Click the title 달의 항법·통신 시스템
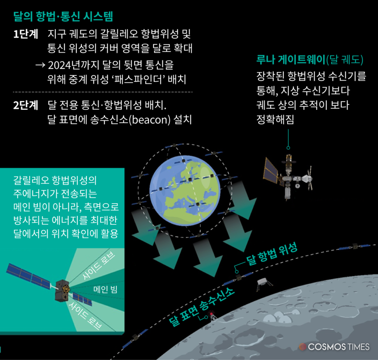pyautogui.click(x=63, y=17)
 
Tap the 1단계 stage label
pyautogui.click(x=26, y=34)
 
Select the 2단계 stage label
pyautogui.click(x=26, y=105)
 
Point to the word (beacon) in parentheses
pyautogui.click(x=150, y=120)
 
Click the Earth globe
pyautogui.click(x=185, y=190)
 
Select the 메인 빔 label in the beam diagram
pyautogui.click(x=105, y=289)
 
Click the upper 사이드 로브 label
pyautogui.click(x=99, y=266)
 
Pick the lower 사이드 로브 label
pyautogui.click(x=85, y=316)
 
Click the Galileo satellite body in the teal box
pyautogui.click(x=62, y=291)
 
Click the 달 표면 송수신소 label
pyautogui.click(x=202, y=307)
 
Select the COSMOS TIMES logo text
pyautogui.click(x=338, y=347)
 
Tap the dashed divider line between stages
pyautogui.click(x=103, y=92)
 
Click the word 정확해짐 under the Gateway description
pyautogui.click(x=275, y=119)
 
